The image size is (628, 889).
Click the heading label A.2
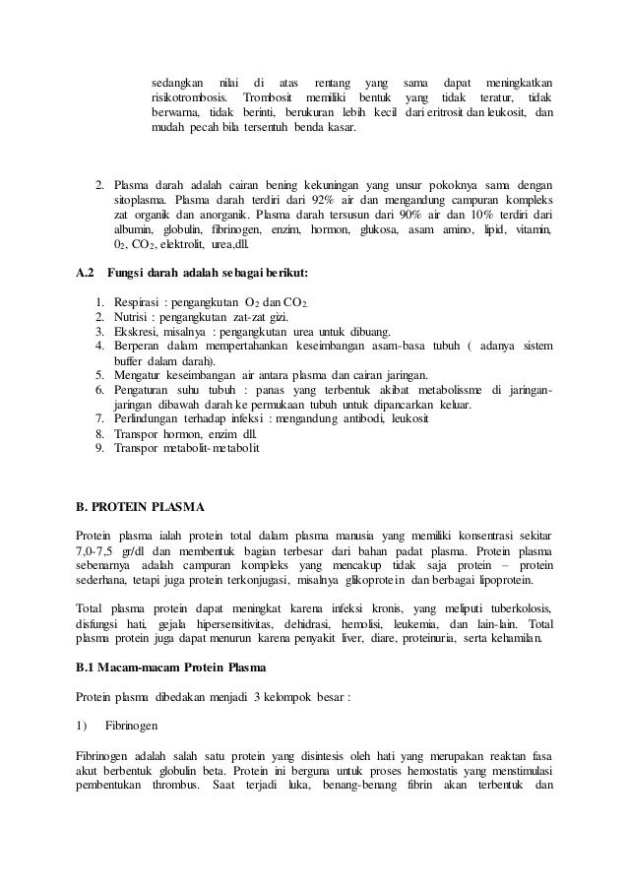[x=86, y=272]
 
